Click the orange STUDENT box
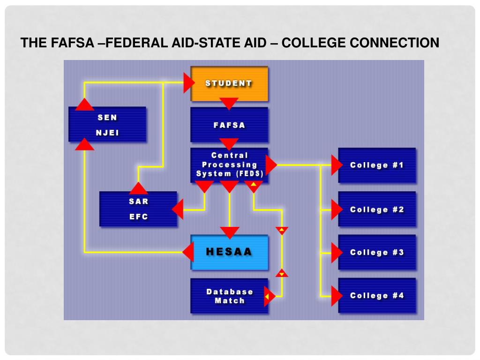229,83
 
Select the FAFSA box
229,125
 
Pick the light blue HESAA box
229,252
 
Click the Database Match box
229,296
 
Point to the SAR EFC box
138,210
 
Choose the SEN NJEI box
107,124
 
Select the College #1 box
377,165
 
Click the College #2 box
377,209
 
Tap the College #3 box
377,252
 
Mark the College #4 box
377,295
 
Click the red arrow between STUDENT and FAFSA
229,103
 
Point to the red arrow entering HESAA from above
229,232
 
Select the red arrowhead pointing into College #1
336,165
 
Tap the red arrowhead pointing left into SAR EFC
178,209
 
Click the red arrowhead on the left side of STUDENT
188,83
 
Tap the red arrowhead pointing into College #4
336,296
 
